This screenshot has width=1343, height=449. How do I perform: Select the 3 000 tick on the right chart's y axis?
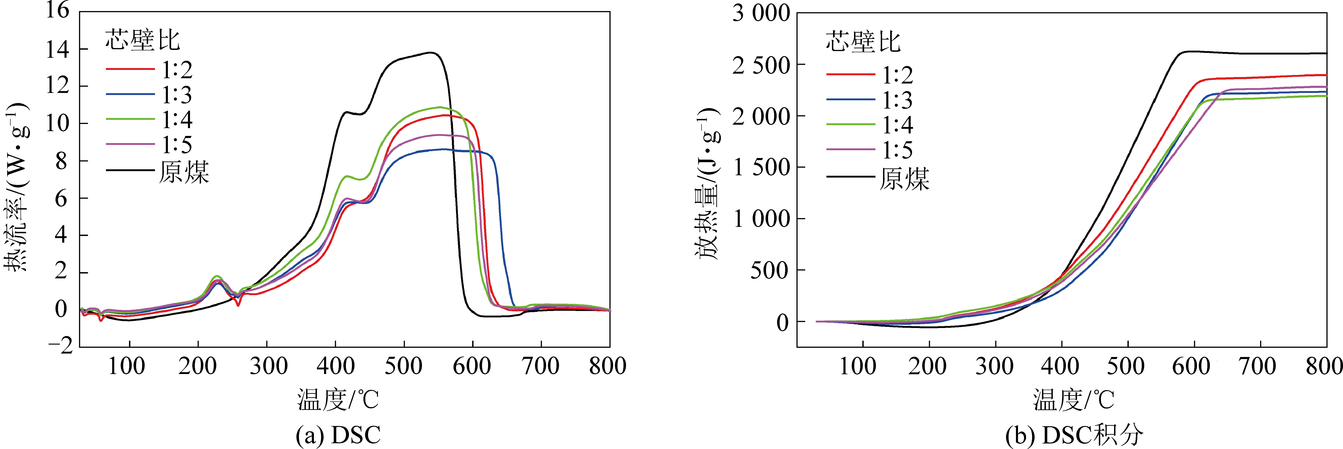761,13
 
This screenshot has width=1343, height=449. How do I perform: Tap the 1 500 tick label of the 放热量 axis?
761,167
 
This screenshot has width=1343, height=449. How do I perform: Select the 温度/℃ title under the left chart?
338,400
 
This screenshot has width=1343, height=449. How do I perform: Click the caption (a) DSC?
338,435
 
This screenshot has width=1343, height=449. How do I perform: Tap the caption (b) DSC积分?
1074,435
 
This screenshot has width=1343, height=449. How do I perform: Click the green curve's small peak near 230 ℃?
217,276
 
